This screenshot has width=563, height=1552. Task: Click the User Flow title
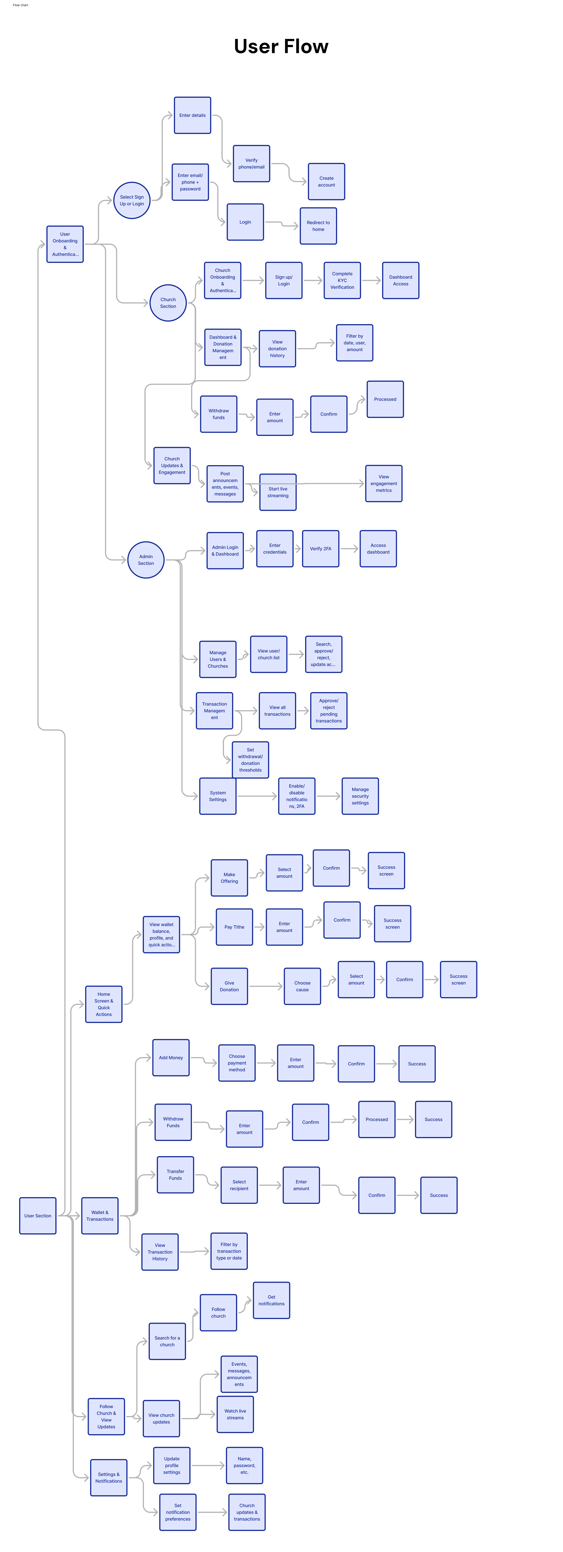coord(281,46)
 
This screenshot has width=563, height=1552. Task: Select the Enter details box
coord(192,115)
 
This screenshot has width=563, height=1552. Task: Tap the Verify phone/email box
coord(251,163)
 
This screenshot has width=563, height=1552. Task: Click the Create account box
coord(326,181)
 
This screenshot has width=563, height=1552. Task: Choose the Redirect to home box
coord(318,226)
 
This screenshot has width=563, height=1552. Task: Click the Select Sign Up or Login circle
coord(131,200)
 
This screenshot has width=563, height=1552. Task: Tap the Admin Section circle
coord(146,560)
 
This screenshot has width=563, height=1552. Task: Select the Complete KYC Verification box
coord(342,280)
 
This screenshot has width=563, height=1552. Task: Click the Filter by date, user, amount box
coord(354,343)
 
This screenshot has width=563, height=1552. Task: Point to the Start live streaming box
coord(278,492)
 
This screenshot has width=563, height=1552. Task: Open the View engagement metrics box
coord(383,483)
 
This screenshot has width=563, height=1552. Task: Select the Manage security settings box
coord(360,796)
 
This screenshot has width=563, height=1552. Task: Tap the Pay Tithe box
coord(234,927)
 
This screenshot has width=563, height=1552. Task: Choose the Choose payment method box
coord(237,1063)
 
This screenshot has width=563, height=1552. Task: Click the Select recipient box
coord(239,1185)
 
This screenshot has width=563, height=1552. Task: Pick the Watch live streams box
coord(235,1414)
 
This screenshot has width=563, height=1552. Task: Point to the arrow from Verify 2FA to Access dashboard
coord(349,548)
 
